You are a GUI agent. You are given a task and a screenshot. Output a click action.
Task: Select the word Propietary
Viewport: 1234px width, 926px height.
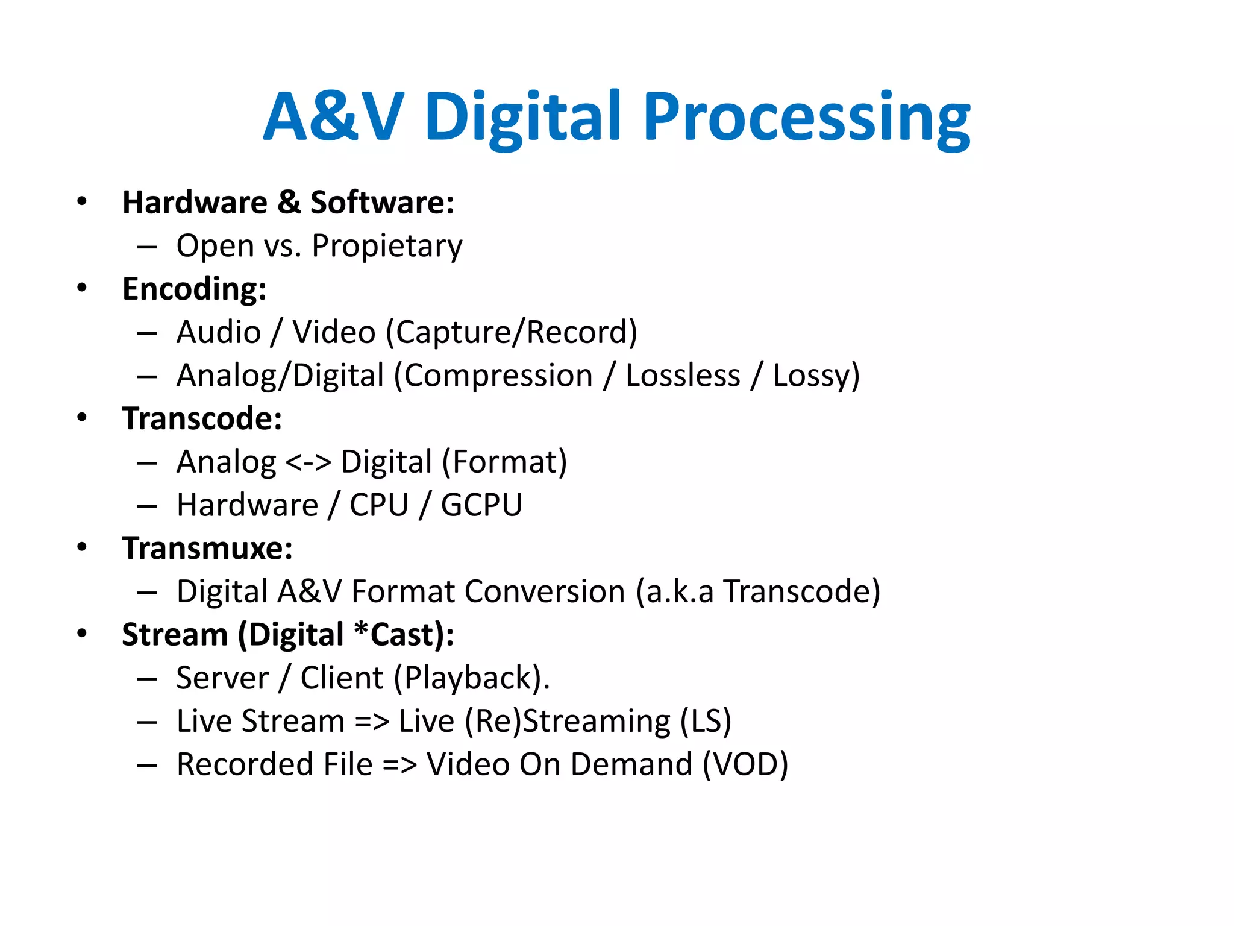click(x=387, y=246)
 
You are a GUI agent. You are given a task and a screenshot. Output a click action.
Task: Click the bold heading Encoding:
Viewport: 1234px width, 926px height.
click(x=194, y=289)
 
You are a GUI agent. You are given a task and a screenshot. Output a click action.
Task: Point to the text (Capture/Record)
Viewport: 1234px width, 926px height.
click(x=512, y=332)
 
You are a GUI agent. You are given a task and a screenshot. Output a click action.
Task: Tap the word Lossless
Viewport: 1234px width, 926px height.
click(x=683, y=376)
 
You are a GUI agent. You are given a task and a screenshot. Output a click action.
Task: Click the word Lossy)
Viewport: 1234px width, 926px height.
click(x=816, y=376)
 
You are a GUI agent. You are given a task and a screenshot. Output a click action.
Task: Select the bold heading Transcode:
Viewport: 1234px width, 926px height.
click(x=202, y=418)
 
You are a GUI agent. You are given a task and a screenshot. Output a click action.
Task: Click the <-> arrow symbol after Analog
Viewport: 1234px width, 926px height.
click(x=308, y=462)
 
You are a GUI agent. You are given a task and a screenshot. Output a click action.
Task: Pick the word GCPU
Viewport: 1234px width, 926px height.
click(x=481, y=505)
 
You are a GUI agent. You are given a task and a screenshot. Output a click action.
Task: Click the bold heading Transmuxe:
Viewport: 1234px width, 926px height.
click(x=207, y=548)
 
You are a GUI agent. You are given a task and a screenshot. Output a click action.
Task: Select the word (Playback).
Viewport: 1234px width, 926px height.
click(x=472, y=678)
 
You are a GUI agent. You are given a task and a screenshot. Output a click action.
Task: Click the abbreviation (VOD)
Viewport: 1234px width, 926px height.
click(x=745, y=764)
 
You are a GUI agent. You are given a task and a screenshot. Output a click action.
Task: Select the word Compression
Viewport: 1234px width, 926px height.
click(x=498, y=376)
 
